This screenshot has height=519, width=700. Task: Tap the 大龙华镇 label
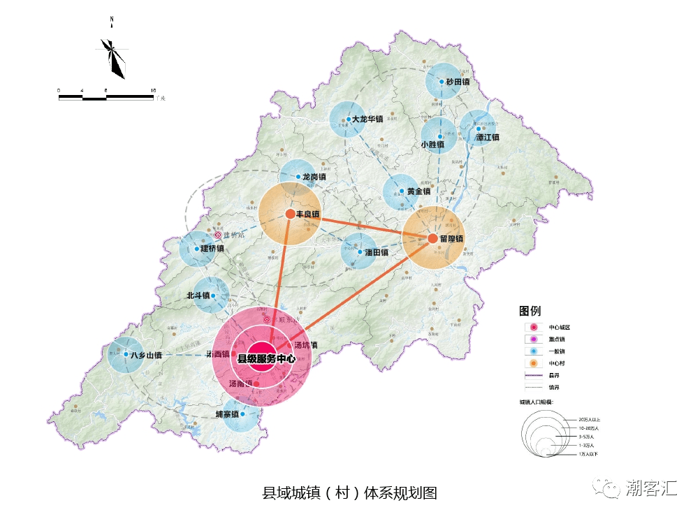pyautogui.click(x=367, y=119)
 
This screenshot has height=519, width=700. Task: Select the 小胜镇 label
pyautogui.click(x=432, y=145)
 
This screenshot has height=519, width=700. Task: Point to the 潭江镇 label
pyautogui.click(x=487, y=138)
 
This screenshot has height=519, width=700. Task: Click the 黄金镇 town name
pyautogui.click(x=418, y=191)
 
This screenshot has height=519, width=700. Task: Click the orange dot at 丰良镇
pyautogui.click(x=289, y=214)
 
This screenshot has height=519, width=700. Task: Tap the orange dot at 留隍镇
pyautogui.click(x=432, y=239)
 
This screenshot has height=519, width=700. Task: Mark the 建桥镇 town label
pyautogui.click(x=212, y=249)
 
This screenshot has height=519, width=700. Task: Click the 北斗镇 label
pyautogui.click(x=198, y=295)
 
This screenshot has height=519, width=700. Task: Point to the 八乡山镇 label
pyautogui.click(x=146, y=355)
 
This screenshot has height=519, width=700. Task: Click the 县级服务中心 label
pyautogui.click(x=267, y=359)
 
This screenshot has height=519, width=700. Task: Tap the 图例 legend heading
pyautogui.click(x=530, y=311)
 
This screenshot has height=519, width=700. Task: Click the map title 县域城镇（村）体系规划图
pyautogui.click(x=349, y=492)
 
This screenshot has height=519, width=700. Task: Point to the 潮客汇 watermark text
pyautogui.click(x=650, y=487)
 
